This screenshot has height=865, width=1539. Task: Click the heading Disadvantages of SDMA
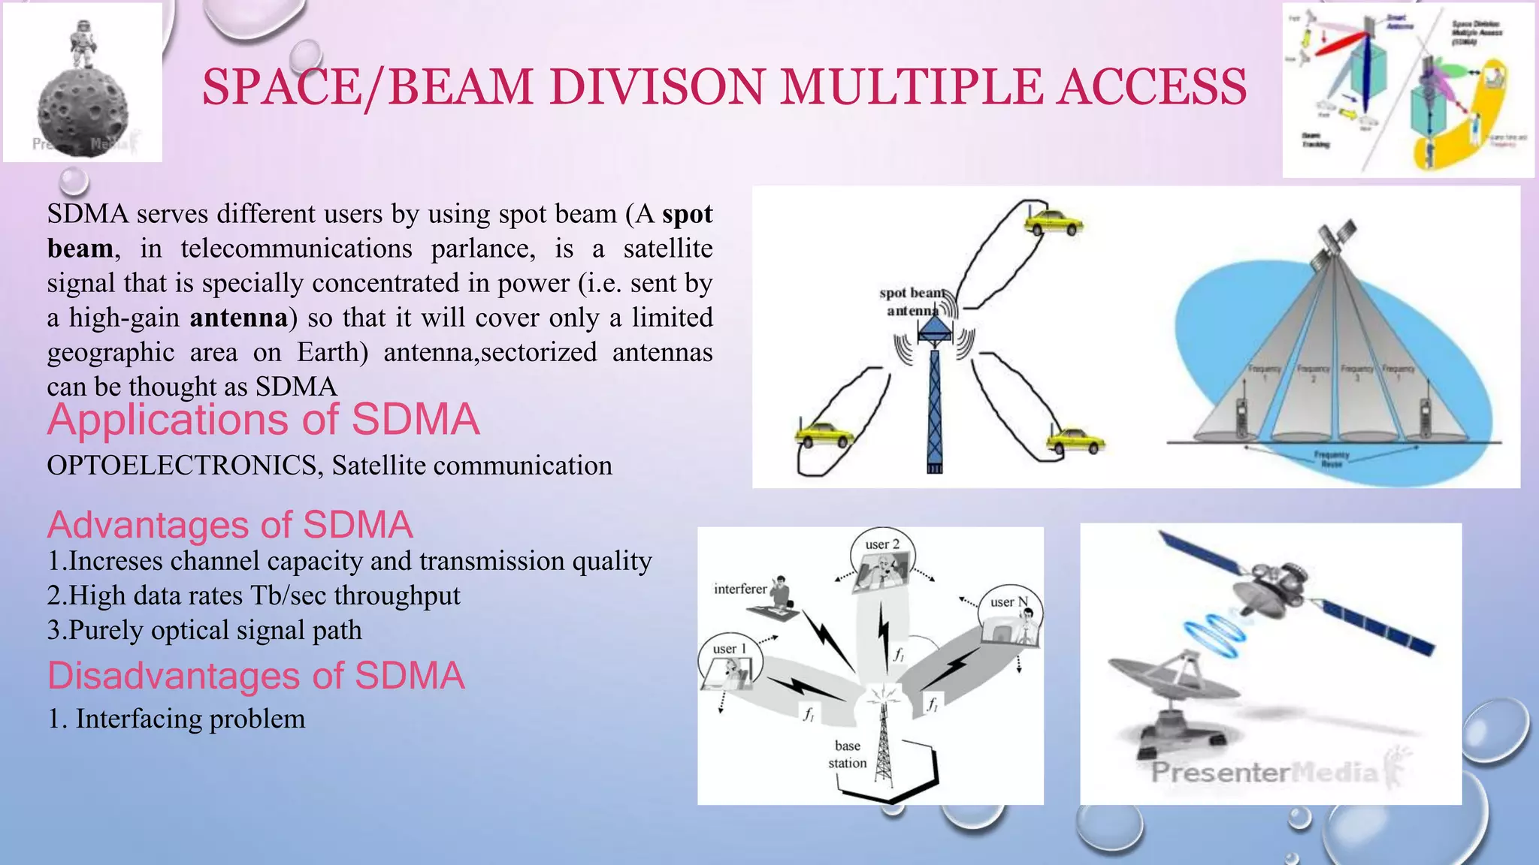255,676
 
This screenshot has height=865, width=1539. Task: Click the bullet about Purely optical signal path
204,630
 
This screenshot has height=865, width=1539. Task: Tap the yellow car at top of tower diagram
1054,222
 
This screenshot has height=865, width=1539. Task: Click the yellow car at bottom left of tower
824,435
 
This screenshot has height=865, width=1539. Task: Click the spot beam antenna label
911,301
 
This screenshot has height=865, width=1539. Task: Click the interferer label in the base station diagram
740,589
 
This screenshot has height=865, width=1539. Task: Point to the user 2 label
881,544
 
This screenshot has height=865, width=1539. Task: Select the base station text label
847,754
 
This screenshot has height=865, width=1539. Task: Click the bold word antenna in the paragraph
238,318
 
